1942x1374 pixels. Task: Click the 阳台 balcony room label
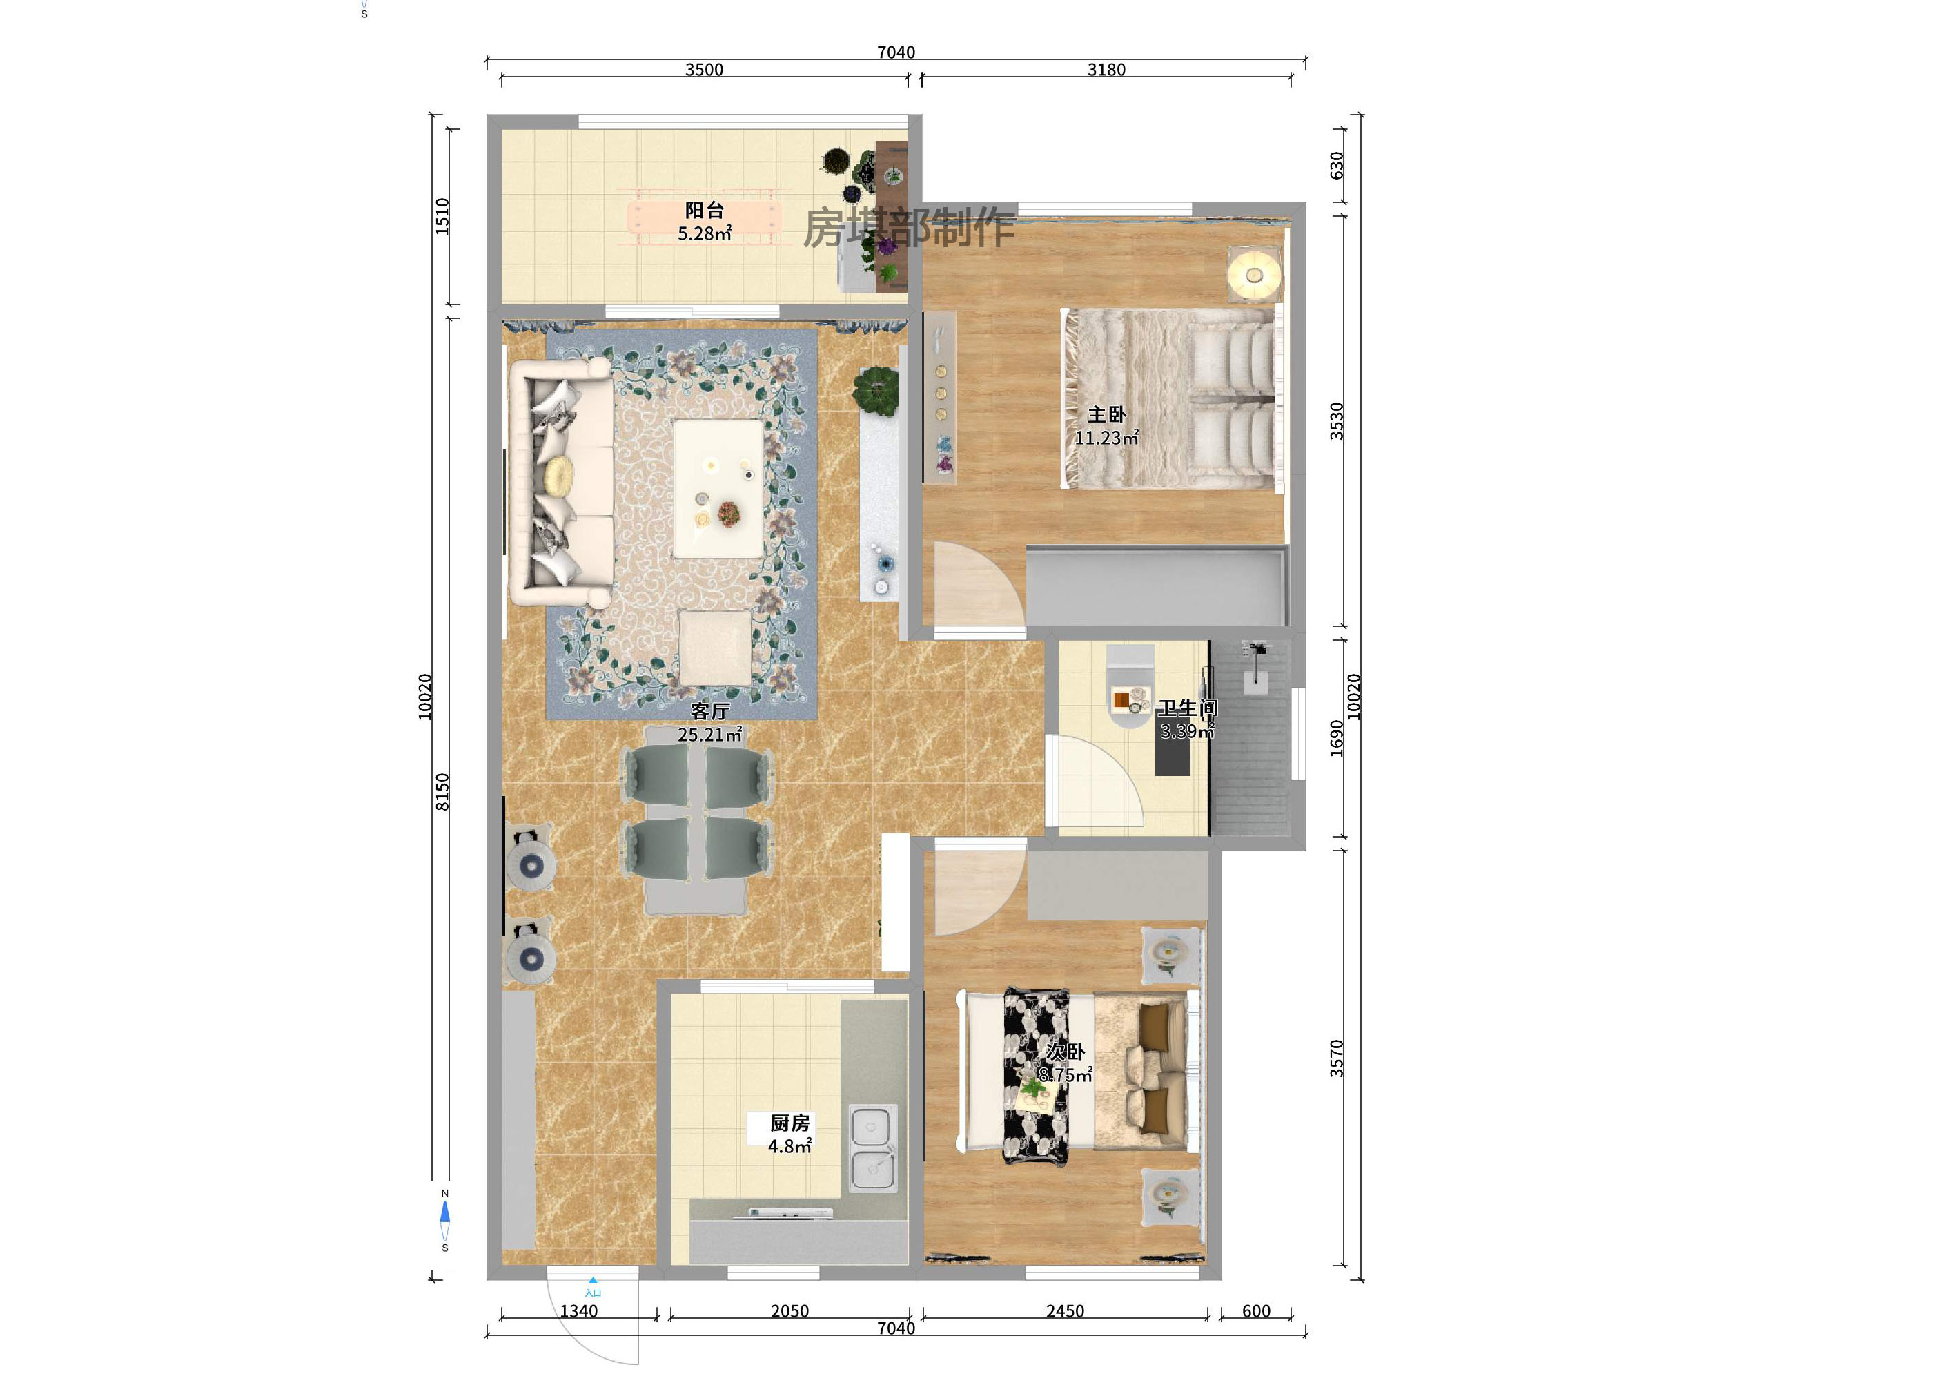(x=704, y=210)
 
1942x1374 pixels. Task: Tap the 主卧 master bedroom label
(x=1106, y=414)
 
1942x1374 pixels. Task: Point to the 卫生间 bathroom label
(x=1188, y=708)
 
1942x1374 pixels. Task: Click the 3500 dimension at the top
(x=704, y=69)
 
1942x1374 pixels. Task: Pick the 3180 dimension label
(x=1106, y=69)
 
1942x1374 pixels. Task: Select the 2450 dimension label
(x=1065, y=1310)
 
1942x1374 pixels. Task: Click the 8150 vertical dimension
(x=442, y=791)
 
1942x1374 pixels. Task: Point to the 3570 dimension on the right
(x=1336, y=1058)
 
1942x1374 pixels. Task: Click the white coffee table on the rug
(x=718, y=489)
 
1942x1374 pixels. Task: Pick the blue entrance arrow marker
(x=593, y=1281)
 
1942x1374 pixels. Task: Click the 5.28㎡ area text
(x=704, y=233)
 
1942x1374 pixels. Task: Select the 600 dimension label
(x=1256, y=1310)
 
